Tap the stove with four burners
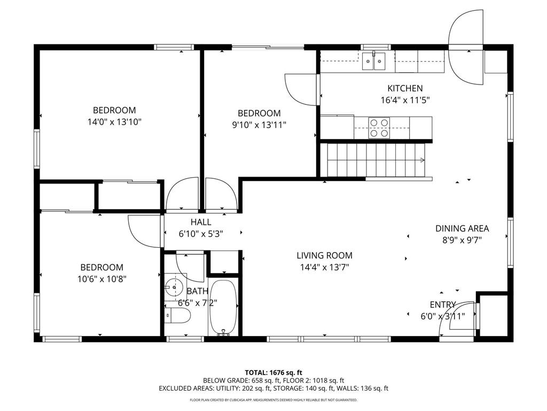click(x=379, y=128)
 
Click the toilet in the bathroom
click(x=176, y=317)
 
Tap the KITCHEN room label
click(x=405, y=88)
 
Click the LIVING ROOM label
click(x=325, y=256)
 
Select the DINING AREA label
click(x=462, y=229)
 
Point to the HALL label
click(x=201, y=222)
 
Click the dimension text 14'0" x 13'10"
click(x=114, y=121)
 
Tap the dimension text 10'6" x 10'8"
click(x=101, y=278)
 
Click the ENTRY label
click(x=443, y=305)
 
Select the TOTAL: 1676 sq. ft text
click(x=273, y=372)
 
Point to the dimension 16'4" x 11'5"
click(x=405, y=100)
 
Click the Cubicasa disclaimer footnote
click(x=273, y=400)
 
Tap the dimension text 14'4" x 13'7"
click(x=325, y=267)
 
